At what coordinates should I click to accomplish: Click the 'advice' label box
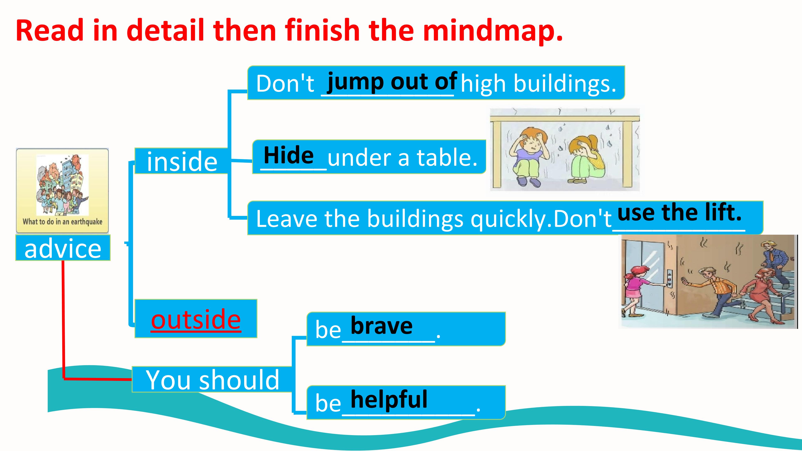pos(63,248)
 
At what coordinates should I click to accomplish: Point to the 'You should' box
pos(212,379)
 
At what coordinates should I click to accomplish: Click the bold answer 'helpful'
pos(389,399)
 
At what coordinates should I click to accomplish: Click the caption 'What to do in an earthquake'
pos(62,222)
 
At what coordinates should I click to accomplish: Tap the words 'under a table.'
pos(402,157)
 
